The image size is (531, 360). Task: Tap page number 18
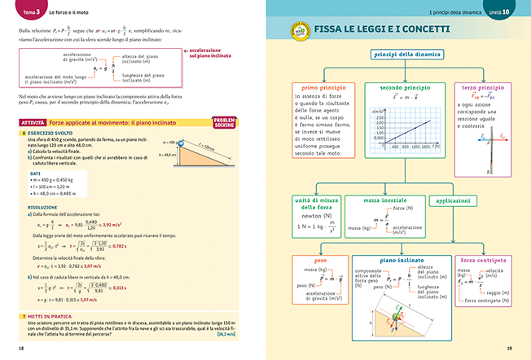[x=20, y=348]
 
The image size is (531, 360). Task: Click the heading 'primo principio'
[x=321, y=86]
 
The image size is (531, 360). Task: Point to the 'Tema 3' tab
[x=33, y=14]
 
